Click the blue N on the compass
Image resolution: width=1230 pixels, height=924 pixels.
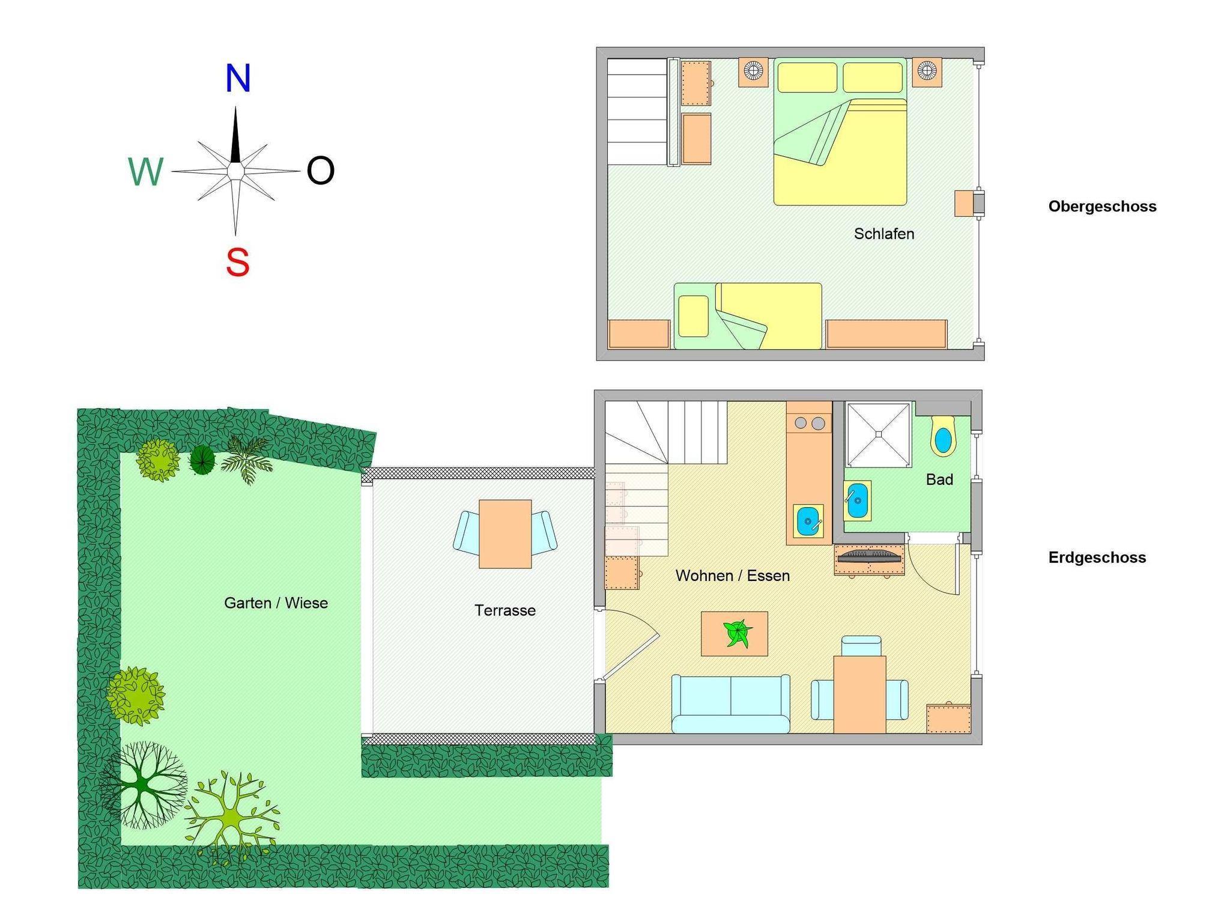click(238, 78)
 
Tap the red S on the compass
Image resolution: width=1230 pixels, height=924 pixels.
click(238, 263)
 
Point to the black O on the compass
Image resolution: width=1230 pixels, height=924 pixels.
click(320, 171)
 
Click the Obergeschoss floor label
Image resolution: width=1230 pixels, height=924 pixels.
click(1102, 207)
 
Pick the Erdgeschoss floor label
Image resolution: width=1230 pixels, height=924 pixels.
click(1097, 558)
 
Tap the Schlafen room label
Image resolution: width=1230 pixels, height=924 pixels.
click(884, 234)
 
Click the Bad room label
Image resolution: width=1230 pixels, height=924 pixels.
click(939, 479)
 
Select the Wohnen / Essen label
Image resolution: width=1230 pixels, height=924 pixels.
click(733, 576)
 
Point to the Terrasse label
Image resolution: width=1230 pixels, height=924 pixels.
click(505, 610)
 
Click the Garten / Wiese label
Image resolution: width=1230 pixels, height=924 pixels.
click(276, 603)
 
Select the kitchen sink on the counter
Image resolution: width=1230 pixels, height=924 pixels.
click(808, 521)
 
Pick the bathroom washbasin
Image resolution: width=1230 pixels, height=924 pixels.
click(857, 500)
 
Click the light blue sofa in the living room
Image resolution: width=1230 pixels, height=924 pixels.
click(730, 704)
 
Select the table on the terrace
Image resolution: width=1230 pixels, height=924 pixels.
click(505, 534)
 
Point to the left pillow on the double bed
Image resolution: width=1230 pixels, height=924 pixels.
click(807, 78)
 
